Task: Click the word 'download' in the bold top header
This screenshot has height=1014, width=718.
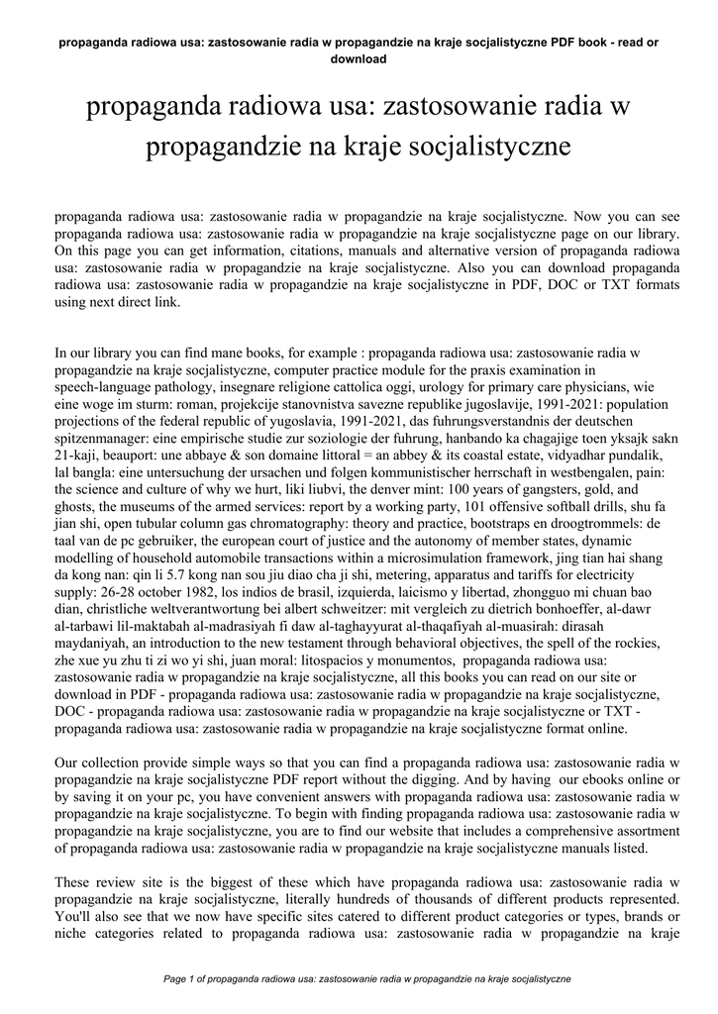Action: (x=359, y=58)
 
